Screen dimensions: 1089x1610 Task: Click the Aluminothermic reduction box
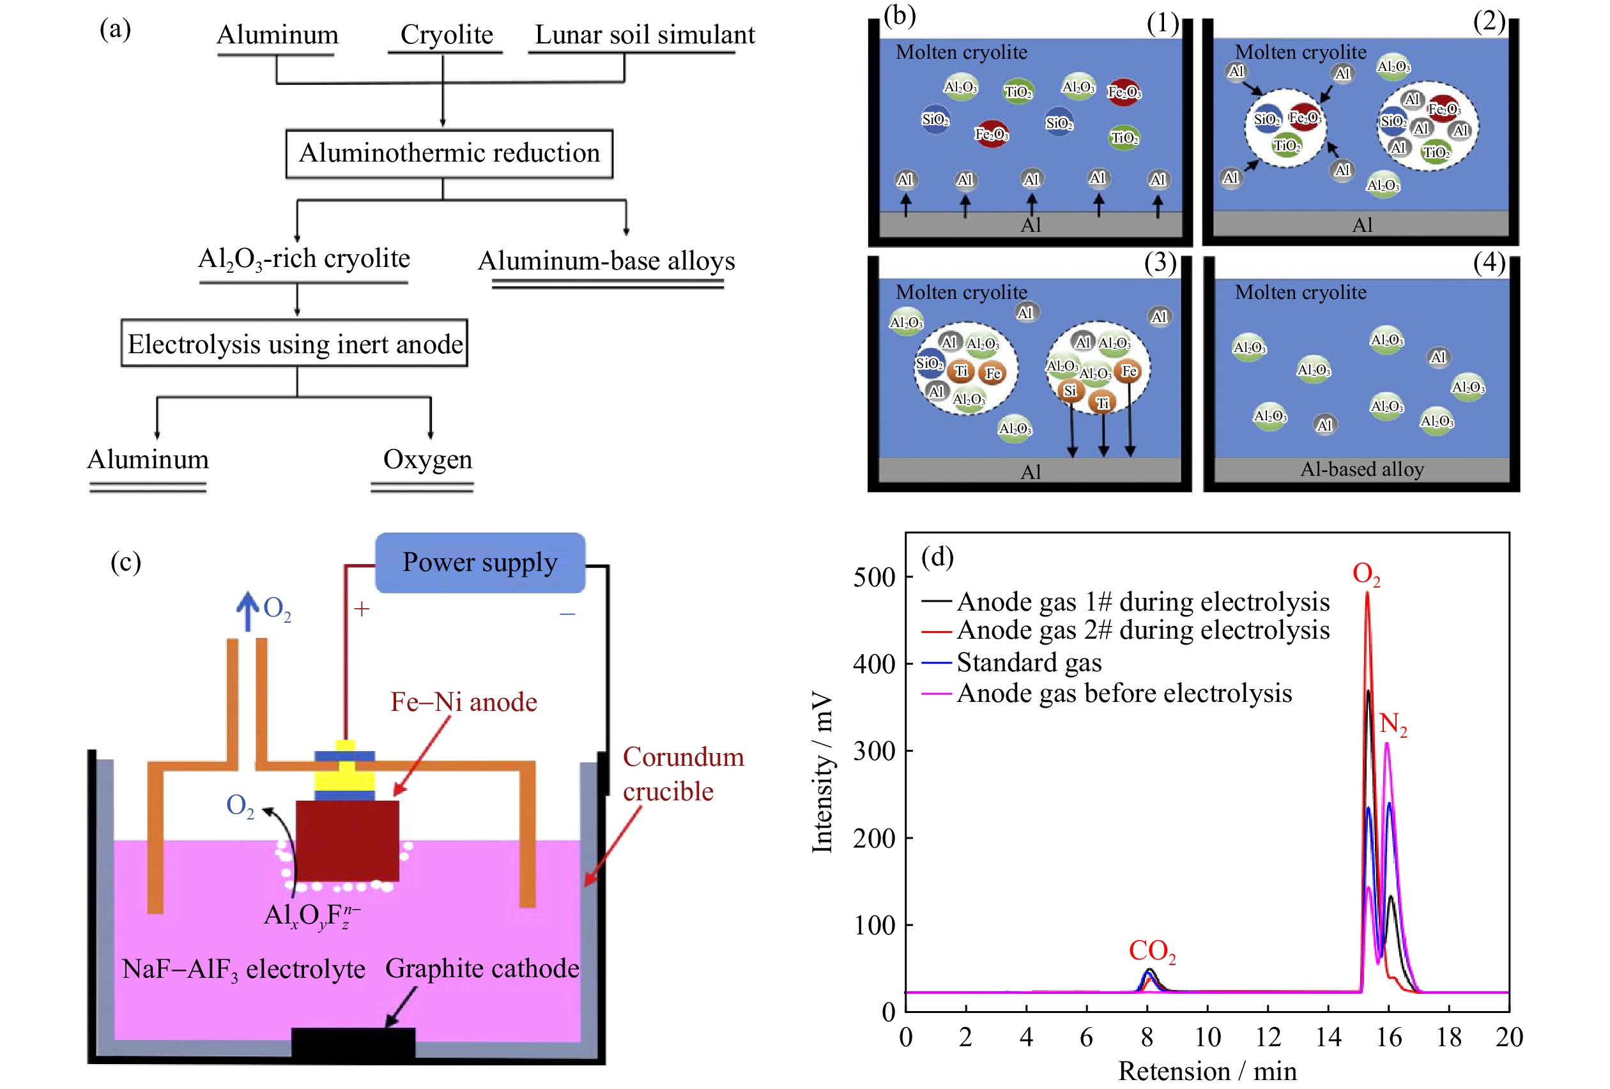pos(449,154)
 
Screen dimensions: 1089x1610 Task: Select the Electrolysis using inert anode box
pos(295,344)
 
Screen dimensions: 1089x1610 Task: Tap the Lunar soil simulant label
pos(644,34)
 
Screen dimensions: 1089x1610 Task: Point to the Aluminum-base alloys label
pos(606,261)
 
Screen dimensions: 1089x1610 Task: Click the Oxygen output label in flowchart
pos(427,459)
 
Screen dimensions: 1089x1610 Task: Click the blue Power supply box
pos(479,563)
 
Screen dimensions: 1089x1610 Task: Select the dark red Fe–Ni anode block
pos(347,841)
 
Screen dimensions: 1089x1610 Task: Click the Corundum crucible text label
pos(682,774)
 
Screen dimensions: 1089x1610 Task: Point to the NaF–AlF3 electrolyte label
pos(243,969)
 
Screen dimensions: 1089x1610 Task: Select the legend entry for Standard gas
pos(1028,662)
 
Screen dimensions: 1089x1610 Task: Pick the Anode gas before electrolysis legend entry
pos(1124,694)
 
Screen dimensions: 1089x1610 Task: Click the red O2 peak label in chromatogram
pos(1365,574)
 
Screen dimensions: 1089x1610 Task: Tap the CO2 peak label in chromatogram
pos(1151,951)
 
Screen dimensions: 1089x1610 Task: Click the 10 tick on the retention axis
pos(1207,1037)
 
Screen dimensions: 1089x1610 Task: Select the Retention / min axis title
pos(1207,1071)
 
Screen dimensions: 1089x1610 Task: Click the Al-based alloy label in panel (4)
pos(1361,469)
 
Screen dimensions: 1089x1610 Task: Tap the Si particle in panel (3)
pos(1069,391)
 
